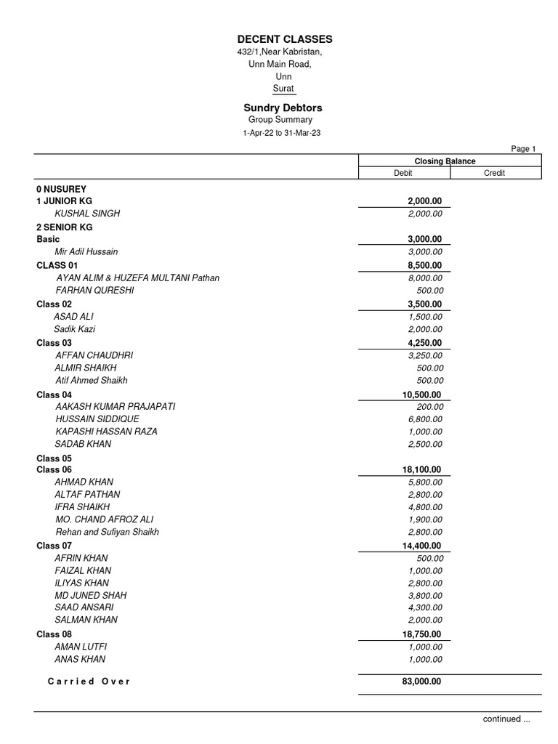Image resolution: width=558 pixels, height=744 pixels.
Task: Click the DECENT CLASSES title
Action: pyautogui.click(x=285, y=39)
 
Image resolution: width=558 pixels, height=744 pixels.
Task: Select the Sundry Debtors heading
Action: pyautogui.click(x=283, y=108)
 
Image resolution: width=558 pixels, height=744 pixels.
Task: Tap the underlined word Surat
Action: pyautogui.click(x=283, y=89)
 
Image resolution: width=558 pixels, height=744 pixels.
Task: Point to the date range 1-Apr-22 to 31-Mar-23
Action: pyautogui.click(x=281, y=134)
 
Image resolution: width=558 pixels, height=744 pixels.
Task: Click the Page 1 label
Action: pyautogui.click(x=523, y=149)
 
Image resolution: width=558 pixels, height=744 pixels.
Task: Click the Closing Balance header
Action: pyautogui.click(x=445, y=161)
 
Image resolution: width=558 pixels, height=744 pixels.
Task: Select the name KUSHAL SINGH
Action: pyautogui.click(x=87, y=214)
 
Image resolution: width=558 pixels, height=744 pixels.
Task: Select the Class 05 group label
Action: pyautogui.click(x=54, y=458)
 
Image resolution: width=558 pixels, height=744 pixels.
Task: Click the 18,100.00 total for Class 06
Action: pyautogui.click(x=421, y=470)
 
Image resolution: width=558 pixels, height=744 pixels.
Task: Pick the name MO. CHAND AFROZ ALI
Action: pyautogui.click(x=105, y=519)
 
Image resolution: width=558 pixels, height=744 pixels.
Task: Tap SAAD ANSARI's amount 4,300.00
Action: pyautogui.click(x=426, y=607)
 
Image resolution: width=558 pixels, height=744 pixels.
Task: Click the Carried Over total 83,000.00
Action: pyautogui.click(x=421, y=682)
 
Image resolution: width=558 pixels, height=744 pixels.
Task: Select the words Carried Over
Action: pyautogui.click(x=89, y=682)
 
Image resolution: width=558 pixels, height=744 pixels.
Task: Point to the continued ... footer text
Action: pyautogui.click(x=506, y=719)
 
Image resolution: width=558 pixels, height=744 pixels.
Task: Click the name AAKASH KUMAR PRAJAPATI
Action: pyautogui.click(x=116, y=407)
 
